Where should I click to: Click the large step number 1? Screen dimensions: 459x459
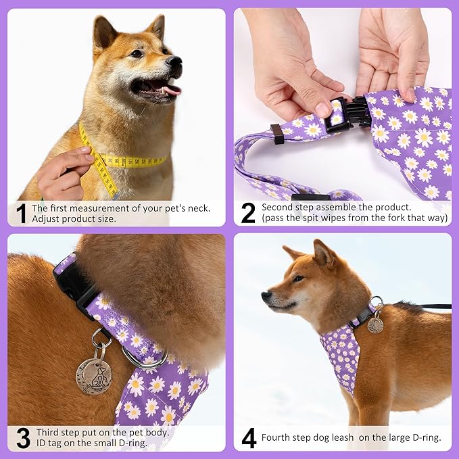click(x=21, y=213)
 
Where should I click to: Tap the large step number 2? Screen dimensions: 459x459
click(x=248, y=213)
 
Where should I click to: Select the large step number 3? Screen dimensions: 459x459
click(x=22, y=438)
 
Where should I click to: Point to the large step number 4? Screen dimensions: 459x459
click(x=249, y=438)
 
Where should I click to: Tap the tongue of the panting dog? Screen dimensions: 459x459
click(x=171, y=89)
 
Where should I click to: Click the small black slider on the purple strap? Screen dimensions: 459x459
click(x=277, y=134)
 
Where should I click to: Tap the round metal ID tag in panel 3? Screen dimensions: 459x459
click(x=93, y=375)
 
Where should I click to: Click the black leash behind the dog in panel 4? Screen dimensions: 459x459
click(x=433, y=306)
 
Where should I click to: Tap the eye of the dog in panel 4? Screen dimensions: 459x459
click(x=298, y=279)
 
